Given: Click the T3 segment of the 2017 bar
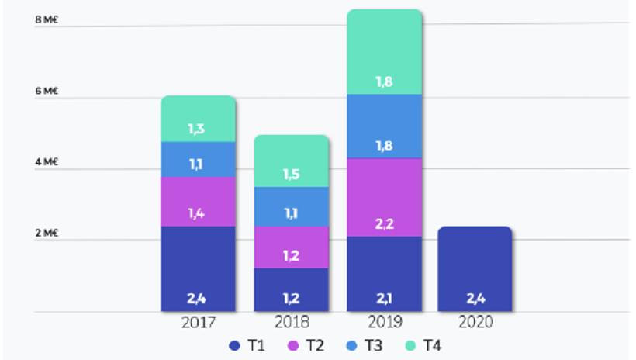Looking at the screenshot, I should (x=198, y=159).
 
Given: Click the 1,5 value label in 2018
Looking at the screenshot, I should (x=292, y=173).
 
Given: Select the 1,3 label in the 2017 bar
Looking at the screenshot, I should (x=198, y=129).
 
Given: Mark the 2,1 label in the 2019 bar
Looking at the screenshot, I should (x=385, y=298).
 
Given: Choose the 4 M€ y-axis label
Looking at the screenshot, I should (x=47, y=163).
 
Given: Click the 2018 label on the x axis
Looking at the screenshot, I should (x=292, y=321).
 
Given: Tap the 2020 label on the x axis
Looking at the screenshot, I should (x=475, y=321).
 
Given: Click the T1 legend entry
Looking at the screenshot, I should (x=247, y=344).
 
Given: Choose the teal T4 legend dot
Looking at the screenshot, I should (x=409, y=344).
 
